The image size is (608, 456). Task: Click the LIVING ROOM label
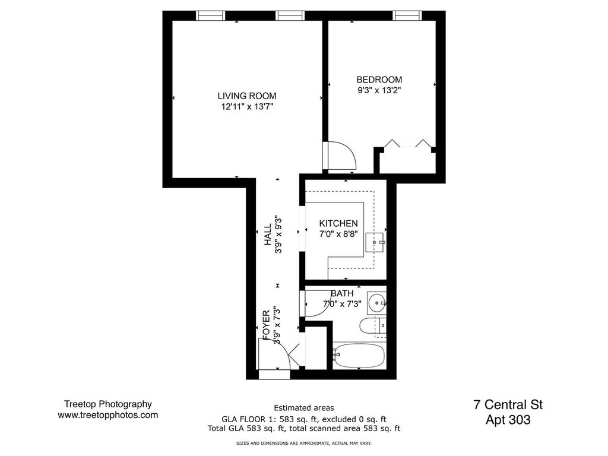246,96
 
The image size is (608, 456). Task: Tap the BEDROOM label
379,80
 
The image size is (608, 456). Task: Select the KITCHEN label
338,223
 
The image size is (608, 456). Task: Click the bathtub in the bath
359,356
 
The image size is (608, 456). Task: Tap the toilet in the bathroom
373,325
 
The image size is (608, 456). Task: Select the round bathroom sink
376,303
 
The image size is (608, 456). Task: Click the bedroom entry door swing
340,156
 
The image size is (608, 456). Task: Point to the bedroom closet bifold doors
407,144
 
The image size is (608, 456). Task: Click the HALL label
268,234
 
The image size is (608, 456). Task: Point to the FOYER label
267,322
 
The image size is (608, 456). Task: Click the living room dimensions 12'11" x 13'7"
246,107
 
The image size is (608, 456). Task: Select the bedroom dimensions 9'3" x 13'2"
379,91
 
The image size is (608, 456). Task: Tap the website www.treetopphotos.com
107,416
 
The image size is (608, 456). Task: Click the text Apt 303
508,420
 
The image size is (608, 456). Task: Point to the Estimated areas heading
303,408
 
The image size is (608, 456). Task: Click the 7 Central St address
508,405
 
